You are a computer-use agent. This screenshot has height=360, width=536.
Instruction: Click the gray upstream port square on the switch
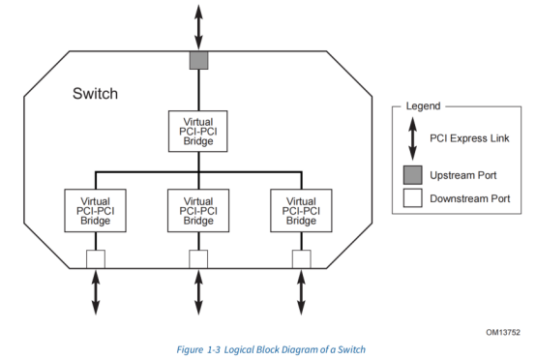coord(198,61)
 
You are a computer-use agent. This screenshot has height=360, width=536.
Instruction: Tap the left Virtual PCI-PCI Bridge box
coord(95,210)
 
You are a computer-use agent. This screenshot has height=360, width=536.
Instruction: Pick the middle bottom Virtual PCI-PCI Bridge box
coord(198,210)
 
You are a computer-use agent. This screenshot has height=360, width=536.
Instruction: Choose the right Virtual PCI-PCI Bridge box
coord(302,210)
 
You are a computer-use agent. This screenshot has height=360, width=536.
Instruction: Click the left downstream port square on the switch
coord(95,258)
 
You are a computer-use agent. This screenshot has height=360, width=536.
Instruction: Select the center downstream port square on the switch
coord(198,258)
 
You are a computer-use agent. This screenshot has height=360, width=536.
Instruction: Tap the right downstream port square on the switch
coord(302,258)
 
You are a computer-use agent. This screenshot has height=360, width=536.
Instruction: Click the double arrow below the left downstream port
coord(95,290)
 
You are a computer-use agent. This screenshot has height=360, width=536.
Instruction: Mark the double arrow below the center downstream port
coord(198,290)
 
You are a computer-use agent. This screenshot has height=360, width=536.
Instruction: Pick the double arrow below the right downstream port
coord(302,290)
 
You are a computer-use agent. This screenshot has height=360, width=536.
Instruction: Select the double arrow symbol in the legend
coord(410,138)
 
